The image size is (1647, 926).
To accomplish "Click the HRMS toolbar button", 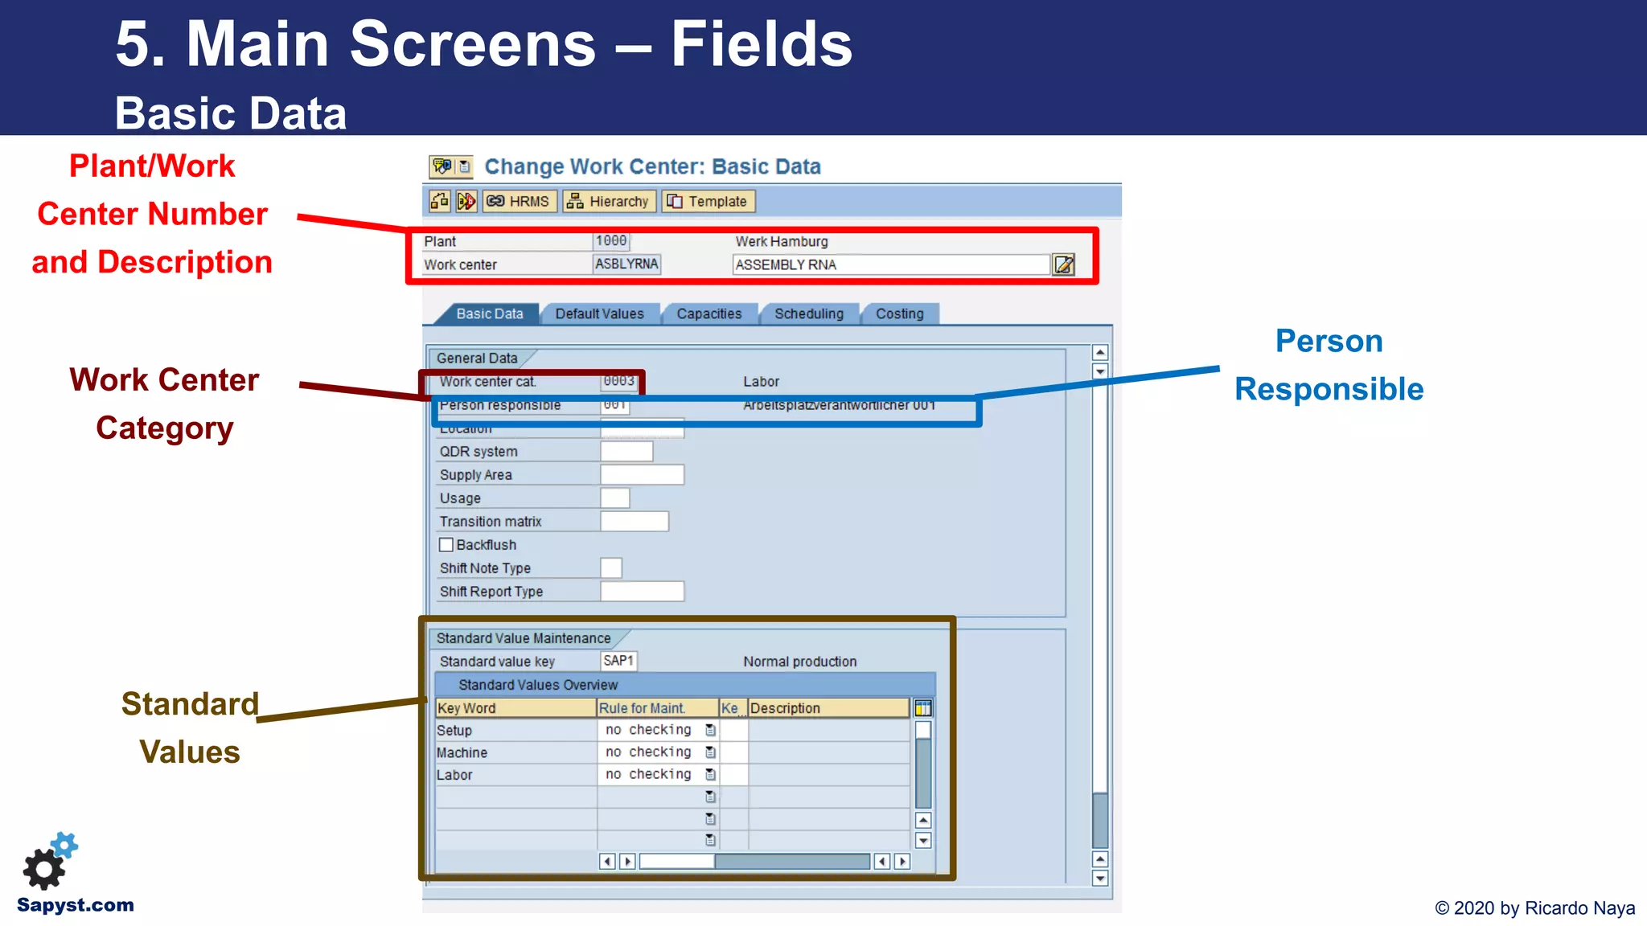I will click(519, 201).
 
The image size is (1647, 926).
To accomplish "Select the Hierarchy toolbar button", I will click(610, 201).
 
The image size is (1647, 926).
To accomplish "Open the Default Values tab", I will click(599, 313).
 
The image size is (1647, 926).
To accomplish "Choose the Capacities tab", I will click(708, 313).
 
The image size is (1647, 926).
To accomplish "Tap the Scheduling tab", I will click(808, 313).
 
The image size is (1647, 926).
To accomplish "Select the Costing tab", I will click(899, 313).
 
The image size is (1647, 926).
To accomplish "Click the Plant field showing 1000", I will click(611, 241).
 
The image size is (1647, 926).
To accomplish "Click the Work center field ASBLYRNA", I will click(626, 264).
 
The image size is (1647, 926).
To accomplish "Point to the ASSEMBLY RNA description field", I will click(890, 264).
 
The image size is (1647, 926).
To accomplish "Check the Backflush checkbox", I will click(446, 545).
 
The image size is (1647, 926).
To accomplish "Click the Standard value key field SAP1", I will click(618, 661).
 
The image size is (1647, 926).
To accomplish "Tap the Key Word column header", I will click(515, 708).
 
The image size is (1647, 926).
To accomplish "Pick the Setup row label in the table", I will click(454, 731).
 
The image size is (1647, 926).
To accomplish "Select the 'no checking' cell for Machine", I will click(648, 752).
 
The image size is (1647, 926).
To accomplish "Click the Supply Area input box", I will click(642, 475).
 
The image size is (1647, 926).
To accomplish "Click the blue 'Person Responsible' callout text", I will click(1329, 365).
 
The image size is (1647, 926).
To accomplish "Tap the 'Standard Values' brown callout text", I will click(190, 727).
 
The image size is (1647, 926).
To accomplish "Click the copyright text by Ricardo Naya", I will click(1534, 908).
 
